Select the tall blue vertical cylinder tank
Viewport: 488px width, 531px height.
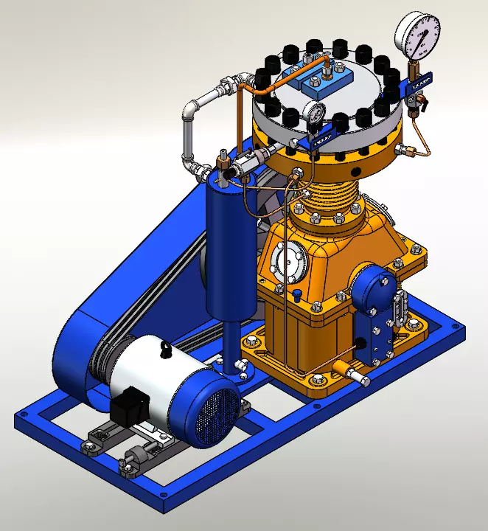click(229, 243)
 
